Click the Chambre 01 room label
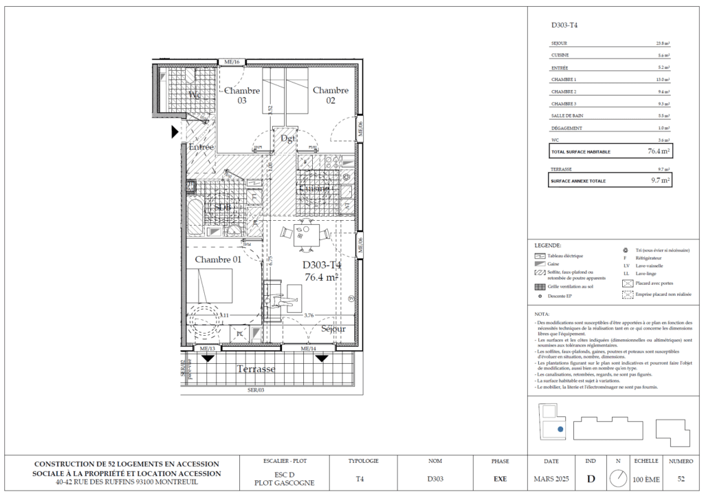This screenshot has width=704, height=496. (x=218, y=259)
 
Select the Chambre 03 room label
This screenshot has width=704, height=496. (x=242, y=95)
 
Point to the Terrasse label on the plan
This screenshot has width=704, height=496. (x=256, y=369)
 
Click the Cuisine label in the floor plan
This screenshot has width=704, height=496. (x=313, y=188)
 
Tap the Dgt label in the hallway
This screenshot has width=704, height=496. (x=288, y=138)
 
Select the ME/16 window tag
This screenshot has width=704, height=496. (x=231, y=63)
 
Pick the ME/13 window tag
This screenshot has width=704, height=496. (x=207, y=349)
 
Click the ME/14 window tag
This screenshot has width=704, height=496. (x=309, y=349)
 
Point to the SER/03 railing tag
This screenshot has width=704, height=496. (x=256, y=389)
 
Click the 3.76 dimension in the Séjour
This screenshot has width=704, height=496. (x=309, y=316)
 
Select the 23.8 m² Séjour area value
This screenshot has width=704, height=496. (x=662, y=43)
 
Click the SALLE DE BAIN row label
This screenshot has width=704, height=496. (x=567, y=116)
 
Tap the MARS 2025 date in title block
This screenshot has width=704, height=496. (x=551, y=478)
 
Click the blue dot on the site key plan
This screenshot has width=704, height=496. (x=560, y=428)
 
